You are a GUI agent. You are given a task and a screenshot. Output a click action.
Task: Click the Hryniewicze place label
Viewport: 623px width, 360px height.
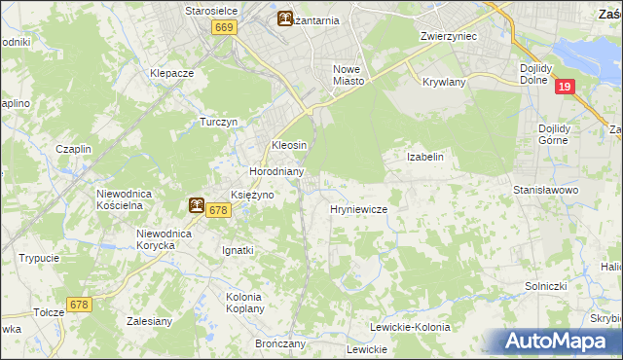tap(359, 209)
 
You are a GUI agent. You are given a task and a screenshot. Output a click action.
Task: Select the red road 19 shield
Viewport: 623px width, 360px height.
tap(565, 87)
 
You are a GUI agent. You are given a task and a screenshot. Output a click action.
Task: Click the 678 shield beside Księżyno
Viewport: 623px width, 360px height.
tap(218, 209)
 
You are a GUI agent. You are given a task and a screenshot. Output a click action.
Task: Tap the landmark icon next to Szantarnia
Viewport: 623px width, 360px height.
tap(284, 18)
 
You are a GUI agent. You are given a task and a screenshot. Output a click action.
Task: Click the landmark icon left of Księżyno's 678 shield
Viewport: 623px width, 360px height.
tap(197, 205)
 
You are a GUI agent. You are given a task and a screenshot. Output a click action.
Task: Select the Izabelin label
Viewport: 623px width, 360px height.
tap(424, 157)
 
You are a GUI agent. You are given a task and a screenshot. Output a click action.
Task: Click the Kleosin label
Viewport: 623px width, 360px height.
tap(289, 145)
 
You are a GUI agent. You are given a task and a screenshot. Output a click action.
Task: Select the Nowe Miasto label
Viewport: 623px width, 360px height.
tap(348, 75)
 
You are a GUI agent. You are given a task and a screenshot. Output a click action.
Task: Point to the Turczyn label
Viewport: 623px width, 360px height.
tap(219, 122)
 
